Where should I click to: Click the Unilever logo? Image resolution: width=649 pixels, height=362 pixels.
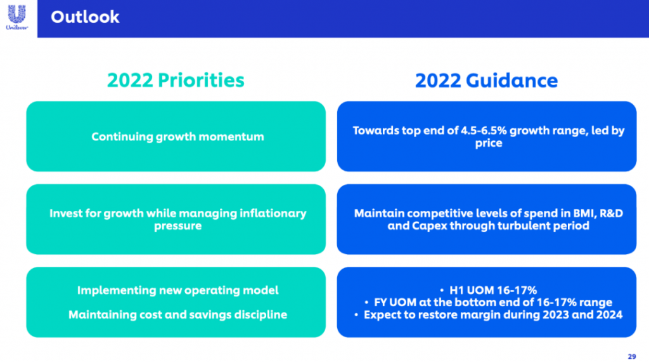pos(17,17)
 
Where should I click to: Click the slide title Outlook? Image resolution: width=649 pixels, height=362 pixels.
pos(85,17)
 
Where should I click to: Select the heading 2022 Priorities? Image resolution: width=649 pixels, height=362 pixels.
pos(176,80)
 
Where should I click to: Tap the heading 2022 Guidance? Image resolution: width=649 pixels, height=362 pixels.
pos(486,80)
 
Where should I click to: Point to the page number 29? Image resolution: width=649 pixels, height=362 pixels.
pos(632,356)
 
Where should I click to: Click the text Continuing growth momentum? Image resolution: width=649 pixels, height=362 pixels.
pos(177,137)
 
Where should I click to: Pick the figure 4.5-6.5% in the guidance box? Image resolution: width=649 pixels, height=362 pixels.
pos(484,131)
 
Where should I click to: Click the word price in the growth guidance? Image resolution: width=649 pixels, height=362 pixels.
pos(489,143)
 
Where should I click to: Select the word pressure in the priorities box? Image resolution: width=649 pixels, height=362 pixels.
pos(177,226)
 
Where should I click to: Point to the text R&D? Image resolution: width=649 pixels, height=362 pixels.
pos(611,213)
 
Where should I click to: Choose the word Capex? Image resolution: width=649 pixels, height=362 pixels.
pos(430,226)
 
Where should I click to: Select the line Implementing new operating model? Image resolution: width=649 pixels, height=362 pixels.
pos(177,290)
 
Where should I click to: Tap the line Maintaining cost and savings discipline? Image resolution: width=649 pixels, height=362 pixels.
pos(177,315)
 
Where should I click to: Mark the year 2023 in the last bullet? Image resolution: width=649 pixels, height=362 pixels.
pos(555,315)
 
